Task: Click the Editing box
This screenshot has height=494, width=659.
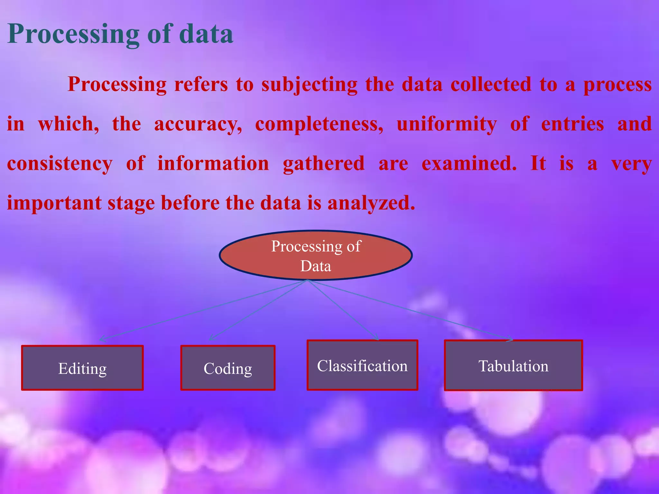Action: [82, 368]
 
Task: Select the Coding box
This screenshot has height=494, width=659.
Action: [228, 368]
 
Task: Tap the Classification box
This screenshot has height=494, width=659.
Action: [362, 365]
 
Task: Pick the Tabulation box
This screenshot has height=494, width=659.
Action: [513, 365]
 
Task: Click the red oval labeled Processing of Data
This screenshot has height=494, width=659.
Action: [316, 255]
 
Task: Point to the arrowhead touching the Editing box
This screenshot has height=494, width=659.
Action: [101, 339]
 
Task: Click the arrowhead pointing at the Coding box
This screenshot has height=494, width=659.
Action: [211, 338]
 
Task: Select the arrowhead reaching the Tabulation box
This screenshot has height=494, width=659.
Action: [510, 339]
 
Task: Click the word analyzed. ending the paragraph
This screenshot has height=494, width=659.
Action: [371, 203]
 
